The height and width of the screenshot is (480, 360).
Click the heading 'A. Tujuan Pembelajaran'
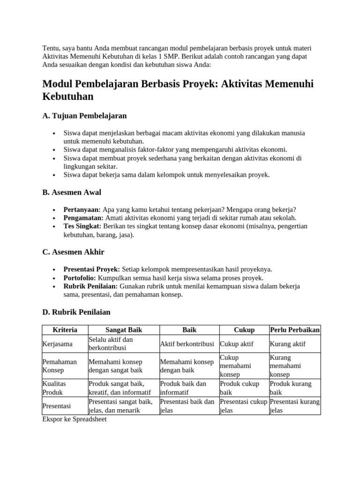click(x=84, y=115)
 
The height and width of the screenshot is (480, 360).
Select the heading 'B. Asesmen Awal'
click(x=71, y=192)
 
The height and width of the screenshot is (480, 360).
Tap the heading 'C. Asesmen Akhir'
click(x=73, y=252)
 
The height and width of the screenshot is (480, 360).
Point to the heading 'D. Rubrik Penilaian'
click(x=76, y=312)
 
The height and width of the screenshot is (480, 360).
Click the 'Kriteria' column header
click(x=65, y=330)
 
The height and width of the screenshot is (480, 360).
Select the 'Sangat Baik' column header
click(x=123, y=330)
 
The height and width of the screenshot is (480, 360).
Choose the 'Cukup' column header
click(x=244, y=330)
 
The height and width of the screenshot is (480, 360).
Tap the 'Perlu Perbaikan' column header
click(x=295, y=330)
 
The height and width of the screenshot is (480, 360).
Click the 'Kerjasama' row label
click(x=58, y=344)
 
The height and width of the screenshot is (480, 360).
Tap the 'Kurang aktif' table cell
click(x=287, y=344)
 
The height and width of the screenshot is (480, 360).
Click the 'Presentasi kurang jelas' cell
click(x=295, y=406)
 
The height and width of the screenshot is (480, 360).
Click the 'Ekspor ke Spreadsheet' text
click(x=75, y=420)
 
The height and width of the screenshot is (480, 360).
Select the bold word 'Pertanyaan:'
click(x=82, y=210)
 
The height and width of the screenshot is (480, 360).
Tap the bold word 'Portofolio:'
click(x=80, y=278)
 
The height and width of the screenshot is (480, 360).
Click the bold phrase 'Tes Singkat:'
click(x=82, y=226)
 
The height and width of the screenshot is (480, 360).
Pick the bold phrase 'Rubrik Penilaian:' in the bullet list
click(x=90, y=286)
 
